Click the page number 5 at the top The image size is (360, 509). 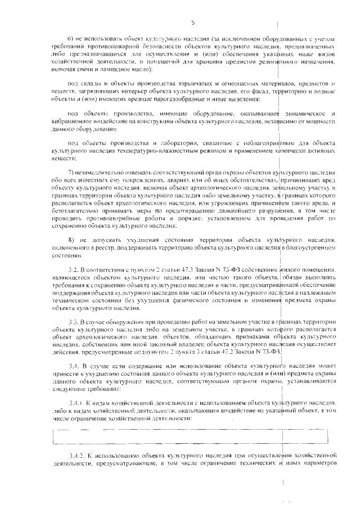click(x=192, y=22)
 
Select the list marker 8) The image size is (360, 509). click(x=71, y=240)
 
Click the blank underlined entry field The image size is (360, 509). click(x=191, y=435)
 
